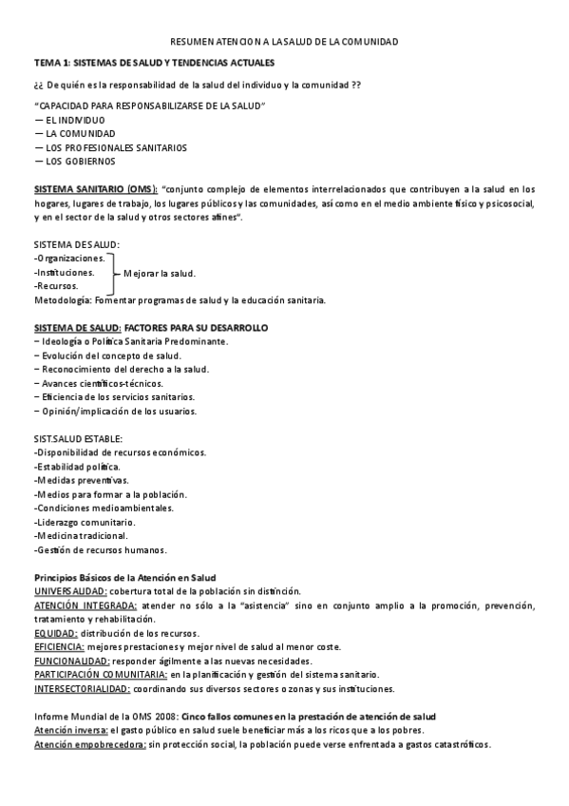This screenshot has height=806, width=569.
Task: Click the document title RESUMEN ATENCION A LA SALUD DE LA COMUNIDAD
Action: click(284, 42)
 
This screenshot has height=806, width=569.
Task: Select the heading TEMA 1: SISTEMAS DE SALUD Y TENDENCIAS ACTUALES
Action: click(154, 63)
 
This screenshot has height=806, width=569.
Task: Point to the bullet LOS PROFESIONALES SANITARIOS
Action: click(110, 147)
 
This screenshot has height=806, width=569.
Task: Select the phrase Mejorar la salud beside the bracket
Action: click(160, 274)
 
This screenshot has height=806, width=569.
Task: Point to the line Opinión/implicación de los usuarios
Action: click(115, 411)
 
